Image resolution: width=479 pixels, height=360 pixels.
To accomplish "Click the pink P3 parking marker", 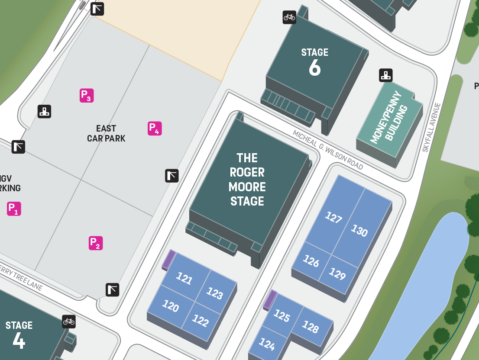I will pos(87,95).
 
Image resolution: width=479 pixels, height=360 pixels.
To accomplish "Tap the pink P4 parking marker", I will pos(155,129).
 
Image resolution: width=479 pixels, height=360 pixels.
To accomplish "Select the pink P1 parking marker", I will pos(14,209).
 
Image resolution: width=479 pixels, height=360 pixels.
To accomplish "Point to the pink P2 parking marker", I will pos(96,243).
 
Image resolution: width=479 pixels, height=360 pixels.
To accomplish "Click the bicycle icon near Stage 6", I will pos(289,17).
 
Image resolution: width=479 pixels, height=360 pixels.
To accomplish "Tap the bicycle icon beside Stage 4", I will pos(69,321).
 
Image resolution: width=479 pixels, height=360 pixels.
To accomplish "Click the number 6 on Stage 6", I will pos(315,67).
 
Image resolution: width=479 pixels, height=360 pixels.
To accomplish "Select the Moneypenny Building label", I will pos(389,118).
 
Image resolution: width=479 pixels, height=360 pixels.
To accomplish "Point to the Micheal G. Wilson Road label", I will pos(327,150).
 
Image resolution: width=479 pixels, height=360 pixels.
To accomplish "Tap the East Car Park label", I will pos(106,133).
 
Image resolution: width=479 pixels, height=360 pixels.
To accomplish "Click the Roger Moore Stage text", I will pos(247,180).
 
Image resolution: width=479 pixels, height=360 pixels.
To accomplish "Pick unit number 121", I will pos(184,278).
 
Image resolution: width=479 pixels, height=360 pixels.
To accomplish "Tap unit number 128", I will pos(310,326).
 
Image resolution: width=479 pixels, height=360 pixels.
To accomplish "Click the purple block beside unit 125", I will pos(270,299).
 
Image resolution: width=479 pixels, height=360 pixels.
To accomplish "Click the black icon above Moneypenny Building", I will pos(385,75).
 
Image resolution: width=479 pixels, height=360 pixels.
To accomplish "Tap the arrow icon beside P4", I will pos(172,176).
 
